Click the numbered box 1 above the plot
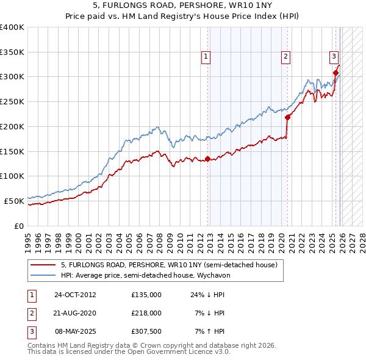coord(206,57)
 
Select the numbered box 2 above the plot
coord(285,57)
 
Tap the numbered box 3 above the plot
coord(334,57)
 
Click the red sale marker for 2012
coord(207,159)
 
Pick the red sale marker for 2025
coord(335,73)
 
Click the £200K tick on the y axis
coord(12,126)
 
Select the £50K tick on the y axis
coord(15,200)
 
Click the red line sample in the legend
coord(43,265)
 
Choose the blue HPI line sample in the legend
coord(43,275)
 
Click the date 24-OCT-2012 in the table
coord(75,295)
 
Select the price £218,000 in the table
coord(146,313)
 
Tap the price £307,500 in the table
coord(146,331)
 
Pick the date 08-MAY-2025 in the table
coord(76,331)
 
